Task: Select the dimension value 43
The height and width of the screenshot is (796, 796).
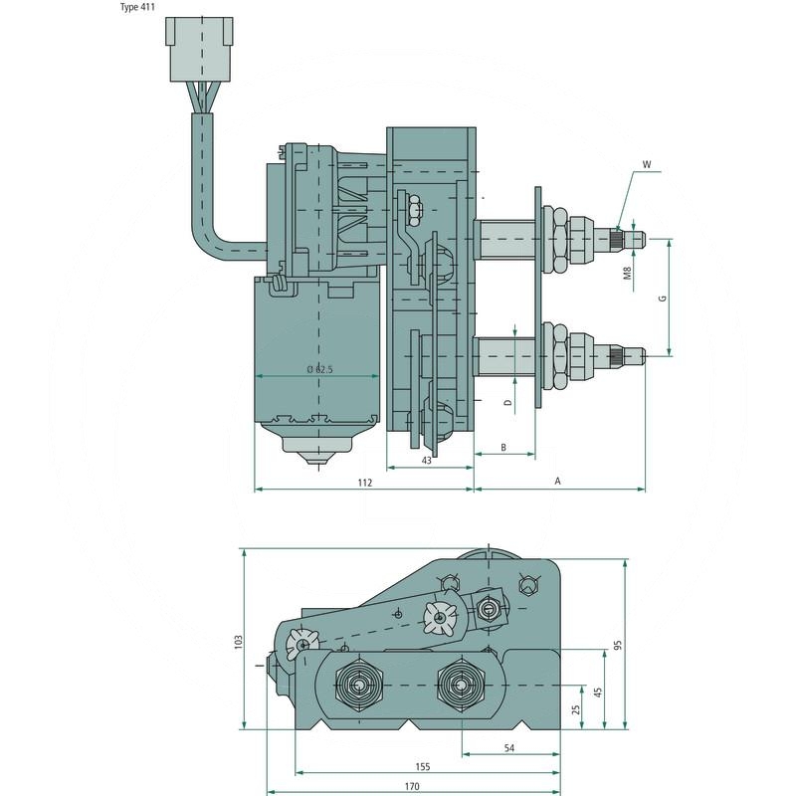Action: (x=426, y=460)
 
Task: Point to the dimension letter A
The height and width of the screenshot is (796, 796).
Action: (x=558, y=482)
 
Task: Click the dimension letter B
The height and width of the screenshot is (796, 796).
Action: (x=503, y=449)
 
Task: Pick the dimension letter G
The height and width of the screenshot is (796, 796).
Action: (x=660, y=298)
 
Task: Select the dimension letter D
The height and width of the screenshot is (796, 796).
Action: (x=506, y=403)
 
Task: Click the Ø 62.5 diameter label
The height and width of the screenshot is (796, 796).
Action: (x=319, y=369)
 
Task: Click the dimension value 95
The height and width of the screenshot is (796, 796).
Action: (x=617, y=645)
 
